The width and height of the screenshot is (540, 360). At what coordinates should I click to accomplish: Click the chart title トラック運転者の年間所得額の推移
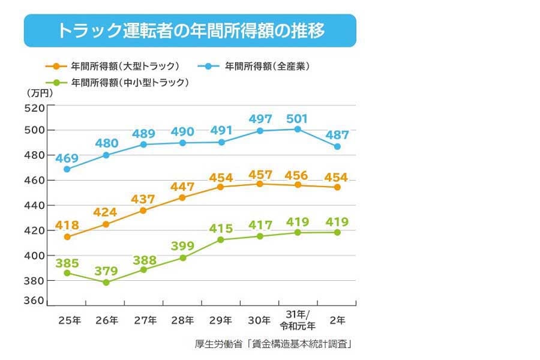point(190,31)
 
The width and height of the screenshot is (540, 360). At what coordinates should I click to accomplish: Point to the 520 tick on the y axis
point(34,108)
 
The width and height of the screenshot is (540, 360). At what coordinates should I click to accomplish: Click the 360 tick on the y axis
point(34,301)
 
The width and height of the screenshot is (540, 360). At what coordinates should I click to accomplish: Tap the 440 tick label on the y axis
point(34,205)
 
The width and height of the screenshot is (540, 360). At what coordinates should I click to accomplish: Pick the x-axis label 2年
point(337,321)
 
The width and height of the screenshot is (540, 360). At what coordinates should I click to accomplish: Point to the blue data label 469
point(67,158)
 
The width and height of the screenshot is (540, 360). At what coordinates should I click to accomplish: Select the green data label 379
point(106,271)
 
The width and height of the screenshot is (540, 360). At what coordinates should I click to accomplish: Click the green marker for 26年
point(106,282)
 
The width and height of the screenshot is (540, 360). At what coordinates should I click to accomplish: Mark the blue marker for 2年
point(337,146)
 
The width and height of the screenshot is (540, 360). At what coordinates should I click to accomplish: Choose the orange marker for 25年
point(67,237)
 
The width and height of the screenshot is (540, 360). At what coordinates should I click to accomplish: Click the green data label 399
point(182,246)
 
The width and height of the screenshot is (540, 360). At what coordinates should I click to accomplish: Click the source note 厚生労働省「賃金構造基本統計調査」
point(273,344)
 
